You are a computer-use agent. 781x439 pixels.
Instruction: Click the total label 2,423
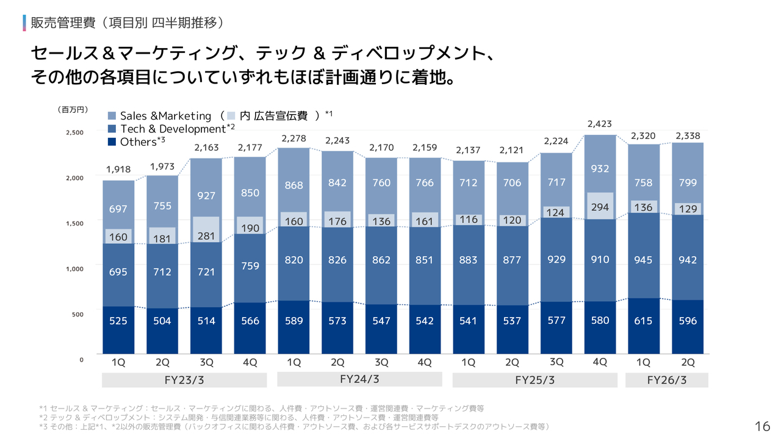click(x=599, y=124)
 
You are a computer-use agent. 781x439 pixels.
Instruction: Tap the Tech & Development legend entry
click(x=171, y=129)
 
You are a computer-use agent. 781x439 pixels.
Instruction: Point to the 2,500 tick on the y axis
click(x=75, y=132)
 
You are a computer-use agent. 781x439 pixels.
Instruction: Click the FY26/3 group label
click(x=666, y=380)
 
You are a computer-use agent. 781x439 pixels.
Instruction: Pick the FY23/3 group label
click(x=184, y=380)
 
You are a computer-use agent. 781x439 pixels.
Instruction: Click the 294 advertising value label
click(x=599, y=207)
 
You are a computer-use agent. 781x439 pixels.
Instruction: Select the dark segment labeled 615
click(x=644, y=321)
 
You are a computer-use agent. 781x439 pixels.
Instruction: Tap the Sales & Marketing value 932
click(x=599, y=169)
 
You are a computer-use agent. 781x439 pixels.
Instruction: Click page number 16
click(x=762, y=426)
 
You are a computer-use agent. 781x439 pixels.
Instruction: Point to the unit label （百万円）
click(x=73, y=110)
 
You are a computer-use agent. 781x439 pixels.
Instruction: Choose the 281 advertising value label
click(x=206, y=236)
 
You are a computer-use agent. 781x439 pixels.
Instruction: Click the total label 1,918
click(x=118, y=170)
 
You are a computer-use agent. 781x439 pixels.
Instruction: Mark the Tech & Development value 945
click(x=644, y=260)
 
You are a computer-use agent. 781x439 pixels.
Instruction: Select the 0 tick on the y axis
click(x=81, y=360)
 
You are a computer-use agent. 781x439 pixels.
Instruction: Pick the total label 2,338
click(x=687, y=135)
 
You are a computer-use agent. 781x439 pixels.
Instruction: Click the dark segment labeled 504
click(x=162, y=321)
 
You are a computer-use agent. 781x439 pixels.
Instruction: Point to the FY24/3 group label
click(x=359, y=379)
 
